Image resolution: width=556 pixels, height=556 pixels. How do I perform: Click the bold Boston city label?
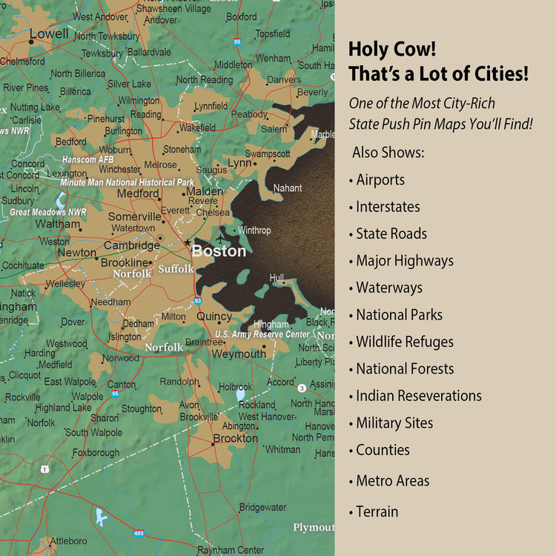(219, 251)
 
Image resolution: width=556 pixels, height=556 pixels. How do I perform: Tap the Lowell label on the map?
(49, 34)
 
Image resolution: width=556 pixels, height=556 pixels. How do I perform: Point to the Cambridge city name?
(131, 245)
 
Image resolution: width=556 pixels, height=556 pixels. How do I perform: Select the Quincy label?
(214, 317)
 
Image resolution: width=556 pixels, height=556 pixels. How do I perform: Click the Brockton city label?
(234, 439)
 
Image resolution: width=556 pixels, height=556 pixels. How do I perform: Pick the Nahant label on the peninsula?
(288, 188)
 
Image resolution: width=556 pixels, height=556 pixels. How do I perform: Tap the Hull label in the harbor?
(277, 278)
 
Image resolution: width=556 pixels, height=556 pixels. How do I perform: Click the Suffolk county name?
(176, 268)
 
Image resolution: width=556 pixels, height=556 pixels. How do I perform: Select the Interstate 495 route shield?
(139, 533)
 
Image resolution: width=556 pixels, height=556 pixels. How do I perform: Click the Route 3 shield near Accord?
(302, 388)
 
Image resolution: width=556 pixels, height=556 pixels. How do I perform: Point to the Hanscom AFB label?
(88, 159)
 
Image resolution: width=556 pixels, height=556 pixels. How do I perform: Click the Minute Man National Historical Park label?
(127, 182)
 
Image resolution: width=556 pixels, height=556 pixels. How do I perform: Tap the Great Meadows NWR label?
(47, 212)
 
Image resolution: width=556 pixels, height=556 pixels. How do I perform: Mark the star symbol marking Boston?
(187, 242)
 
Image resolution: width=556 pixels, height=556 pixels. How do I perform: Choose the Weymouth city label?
(238, 354)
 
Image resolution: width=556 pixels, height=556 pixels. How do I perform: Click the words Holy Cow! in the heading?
(392, 50)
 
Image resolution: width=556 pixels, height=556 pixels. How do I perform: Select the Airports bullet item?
(380, 179)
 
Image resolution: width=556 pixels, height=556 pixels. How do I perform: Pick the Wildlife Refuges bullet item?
(404, 342)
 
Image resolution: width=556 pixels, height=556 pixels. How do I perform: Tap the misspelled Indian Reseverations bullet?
(418, 396)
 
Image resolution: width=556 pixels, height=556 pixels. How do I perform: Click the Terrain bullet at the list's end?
(377, 512)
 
